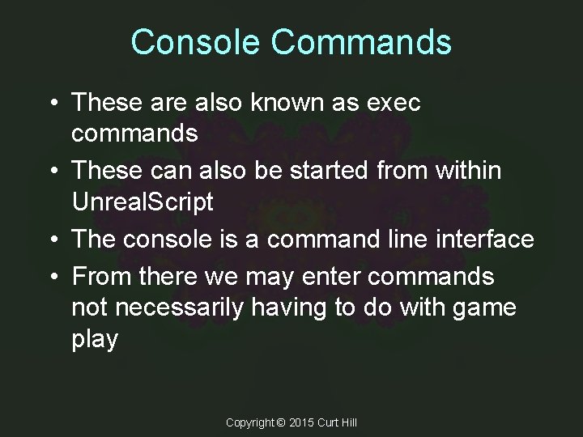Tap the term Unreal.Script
(x=143, y=202)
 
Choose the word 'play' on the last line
(x=95, y=340)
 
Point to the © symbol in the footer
(x=282, y=423)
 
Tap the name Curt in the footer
(x=330, y=423)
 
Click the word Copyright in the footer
(x=249, y=423)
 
